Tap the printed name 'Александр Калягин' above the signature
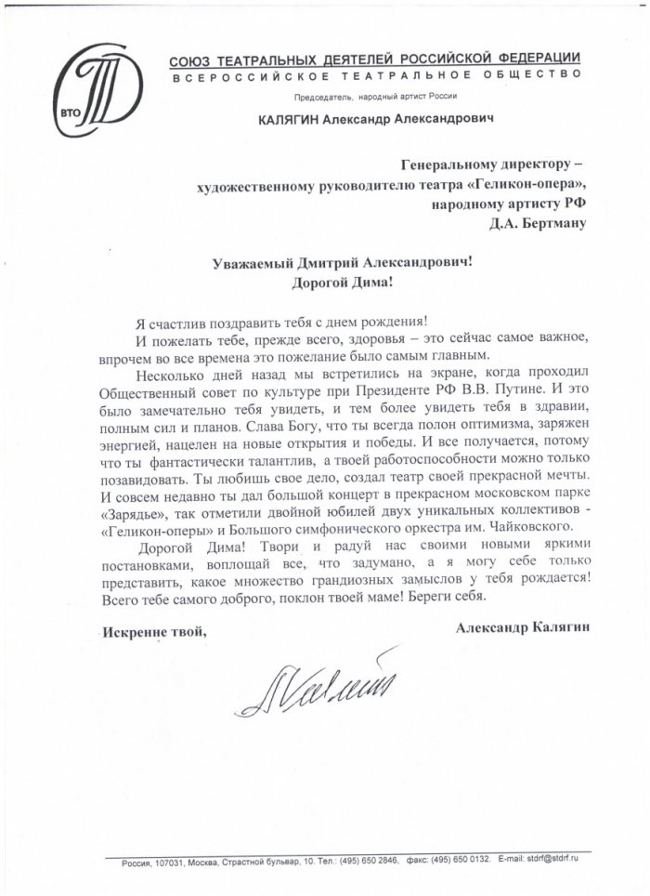pos(522,628)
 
